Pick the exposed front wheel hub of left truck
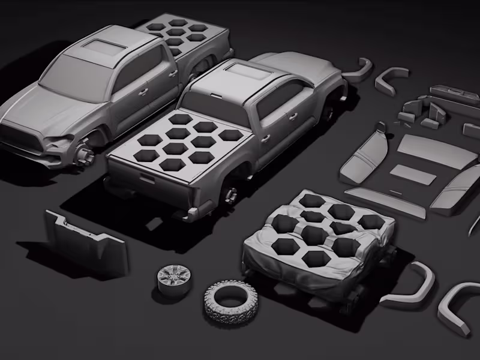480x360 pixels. click(85, 155)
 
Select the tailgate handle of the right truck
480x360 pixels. click(146, 176)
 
